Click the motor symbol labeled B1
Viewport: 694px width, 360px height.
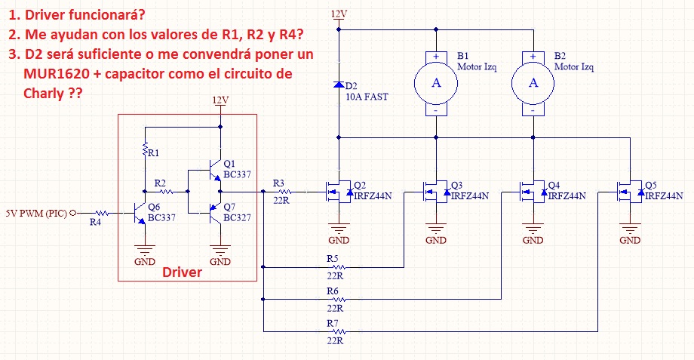click(x=436, y=83)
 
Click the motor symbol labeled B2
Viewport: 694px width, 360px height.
click(x=533, y=83)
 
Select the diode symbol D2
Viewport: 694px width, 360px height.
click(x=339, y=85)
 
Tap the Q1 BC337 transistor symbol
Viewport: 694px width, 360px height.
click(x=215, y=170)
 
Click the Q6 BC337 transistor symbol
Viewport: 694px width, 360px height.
click(x=140, y=214)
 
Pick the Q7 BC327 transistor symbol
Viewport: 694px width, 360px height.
click(x=215, y=213)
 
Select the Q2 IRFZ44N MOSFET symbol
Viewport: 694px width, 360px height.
click(x=339, y=192)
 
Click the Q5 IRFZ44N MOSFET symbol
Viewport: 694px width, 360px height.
click(x=631, y=192)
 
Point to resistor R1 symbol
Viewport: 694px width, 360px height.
click(x=145, y=149)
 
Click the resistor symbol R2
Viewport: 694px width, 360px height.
click(x=166, y=192)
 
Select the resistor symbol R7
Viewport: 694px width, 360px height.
click(x=339, y=331)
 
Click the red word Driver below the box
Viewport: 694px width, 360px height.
click(x=182, y=272)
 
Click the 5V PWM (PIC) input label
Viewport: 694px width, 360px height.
click(x=36, y=214)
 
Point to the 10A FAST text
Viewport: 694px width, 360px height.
click(x=367, y=97)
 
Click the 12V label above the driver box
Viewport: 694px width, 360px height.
click(x=220, y=100)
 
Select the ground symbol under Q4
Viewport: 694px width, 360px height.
click(x=533, y=229)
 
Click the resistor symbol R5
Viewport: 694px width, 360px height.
click(x=339, y=267)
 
